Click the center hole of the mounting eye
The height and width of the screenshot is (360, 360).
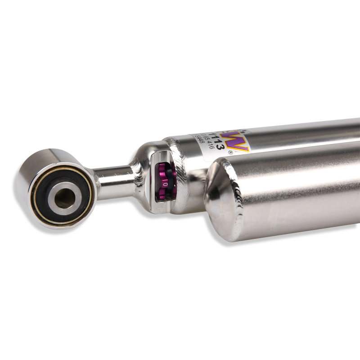[64, 196]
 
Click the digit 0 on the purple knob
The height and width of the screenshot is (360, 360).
[165, 184]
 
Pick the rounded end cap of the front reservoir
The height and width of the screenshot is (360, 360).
[218, 193]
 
